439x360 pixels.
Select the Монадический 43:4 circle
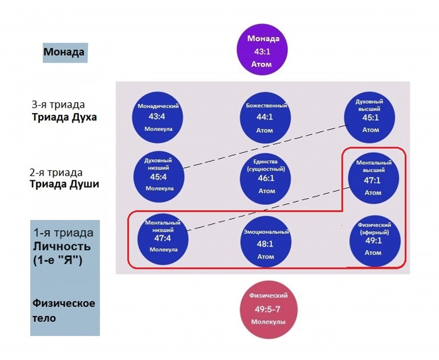[x=160, y=117]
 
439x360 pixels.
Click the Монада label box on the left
[x=64, y=52]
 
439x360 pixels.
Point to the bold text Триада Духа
[x=64, y=118]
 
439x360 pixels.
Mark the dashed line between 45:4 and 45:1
[x=265, y=145]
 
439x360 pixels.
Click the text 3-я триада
[x=58, y=105]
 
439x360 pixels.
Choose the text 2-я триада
[x=56, y=172]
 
